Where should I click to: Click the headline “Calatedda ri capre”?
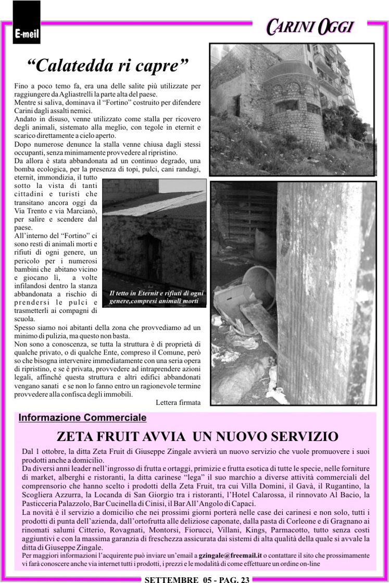[108, 66]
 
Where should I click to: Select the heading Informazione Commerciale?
[82, 417]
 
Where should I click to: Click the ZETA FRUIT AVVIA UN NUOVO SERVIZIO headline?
[197, 436]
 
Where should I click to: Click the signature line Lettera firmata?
[178, 402]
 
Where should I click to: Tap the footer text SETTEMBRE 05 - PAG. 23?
[197, 579]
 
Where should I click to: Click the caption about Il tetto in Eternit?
[156, 297]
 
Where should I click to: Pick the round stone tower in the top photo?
[294, 109]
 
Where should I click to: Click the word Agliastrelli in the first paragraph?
[78, 94]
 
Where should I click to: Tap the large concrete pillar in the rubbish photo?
[323, 291]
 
